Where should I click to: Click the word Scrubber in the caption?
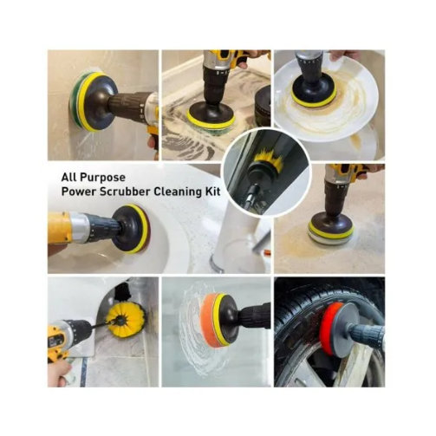point(126,192)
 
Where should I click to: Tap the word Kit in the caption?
point(212,192)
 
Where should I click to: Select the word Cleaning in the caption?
point(178,192)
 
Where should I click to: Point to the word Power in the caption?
point(79,192)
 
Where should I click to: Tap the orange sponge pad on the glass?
point(210,320)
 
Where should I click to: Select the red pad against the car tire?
point(329,329)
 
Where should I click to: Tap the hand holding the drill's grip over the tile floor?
point(59,372)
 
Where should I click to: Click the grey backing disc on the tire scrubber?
point(344,329)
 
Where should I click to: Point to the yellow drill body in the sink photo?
point(59,228)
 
